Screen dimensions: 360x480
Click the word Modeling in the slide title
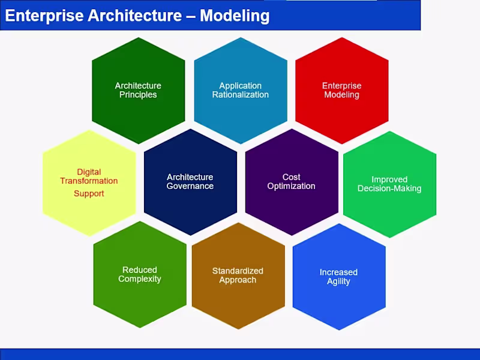(235, 16)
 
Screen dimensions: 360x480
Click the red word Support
(89, 194)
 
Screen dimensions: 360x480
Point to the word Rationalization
(240, 95)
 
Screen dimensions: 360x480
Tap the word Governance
(190, 186)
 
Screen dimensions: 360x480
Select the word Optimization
(291, 186)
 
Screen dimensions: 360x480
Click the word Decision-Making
(389, 188)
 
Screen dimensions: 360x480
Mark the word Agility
(338, 281)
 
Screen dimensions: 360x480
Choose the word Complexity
(140, 279)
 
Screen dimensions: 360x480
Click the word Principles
(138, 95)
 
